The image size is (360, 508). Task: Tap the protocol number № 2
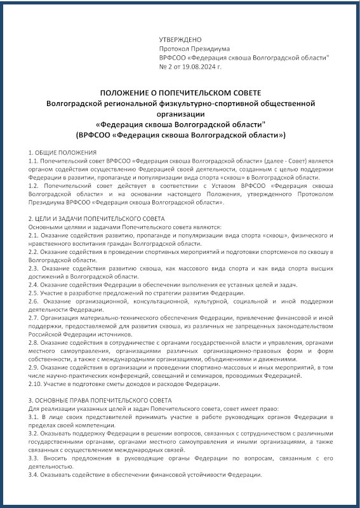pos(166,65)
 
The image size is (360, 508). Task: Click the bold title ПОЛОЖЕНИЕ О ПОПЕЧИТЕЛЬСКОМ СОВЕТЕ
pos(180,93)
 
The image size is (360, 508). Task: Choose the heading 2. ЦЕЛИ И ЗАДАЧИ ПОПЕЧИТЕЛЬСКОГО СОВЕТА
pos(97,218)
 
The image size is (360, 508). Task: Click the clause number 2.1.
pos(34,235)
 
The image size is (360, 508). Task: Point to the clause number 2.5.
pos(34,293)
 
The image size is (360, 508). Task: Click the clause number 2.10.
pos(36,384)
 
